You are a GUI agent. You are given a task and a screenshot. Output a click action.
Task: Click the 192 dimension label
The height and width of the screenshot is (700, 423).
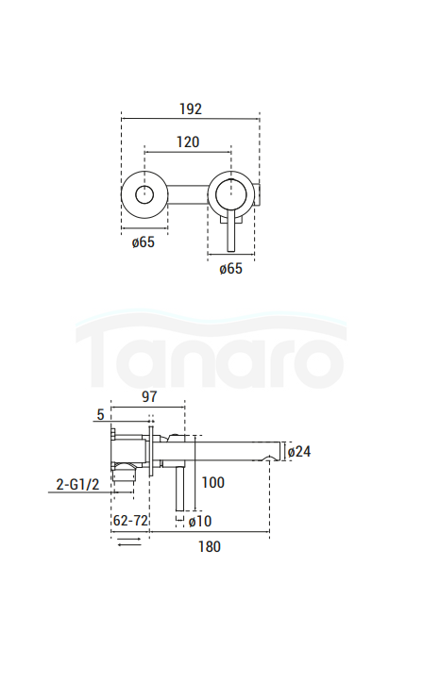tap(191, 108)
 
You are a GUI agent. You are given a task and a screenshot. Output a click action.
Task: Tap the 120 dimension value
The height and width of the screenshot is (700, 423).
tap(188, 142)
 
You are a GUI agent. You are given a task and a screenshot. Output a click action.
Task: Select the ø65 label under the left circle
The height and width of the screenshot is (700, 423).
tap(144, 242)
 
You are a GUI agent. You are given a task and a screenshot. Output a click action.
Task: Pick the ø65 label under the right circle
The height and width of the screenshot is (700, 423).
tap(231, 269)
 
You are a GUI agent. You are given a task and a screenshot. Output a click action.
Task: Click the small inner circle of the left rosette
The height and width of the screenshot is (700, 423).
tap(144, 195)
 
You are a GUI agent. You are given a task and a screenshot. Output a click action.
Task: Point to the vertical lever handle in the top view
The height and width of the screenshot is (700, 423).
tap(231, 233)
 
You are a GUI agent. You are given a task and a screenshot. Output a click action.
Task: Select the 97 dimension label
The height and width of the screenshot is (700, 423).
tap(149, 397)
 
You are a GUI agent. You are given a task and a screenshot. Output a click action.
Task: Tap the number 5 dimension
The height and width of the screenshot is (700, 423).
tap(100, 415)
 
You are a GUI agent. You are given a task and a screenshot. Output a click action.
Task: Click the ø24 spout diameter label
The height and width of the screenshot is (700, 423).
tap(299, 451)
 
